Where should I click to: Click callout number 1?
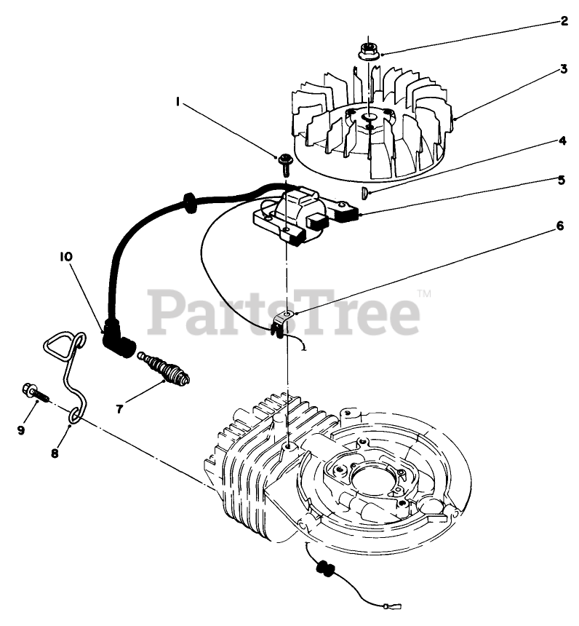(x=178, y=103)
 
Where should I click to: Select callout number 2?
(x=564, y=21)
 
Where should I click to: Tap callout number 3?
(x=564, y=71)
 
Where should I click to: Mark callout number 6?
(x=559, y=226)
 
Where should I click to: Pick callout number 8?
(x=55, y=452)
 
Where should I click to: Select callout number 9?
(x=20, y=430)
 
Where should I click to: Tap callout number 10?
(x=66, y=255)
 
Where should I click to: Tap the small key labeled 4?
(x=364, y=192)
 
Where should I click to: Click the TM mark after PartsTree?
(x=425, y=293)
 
